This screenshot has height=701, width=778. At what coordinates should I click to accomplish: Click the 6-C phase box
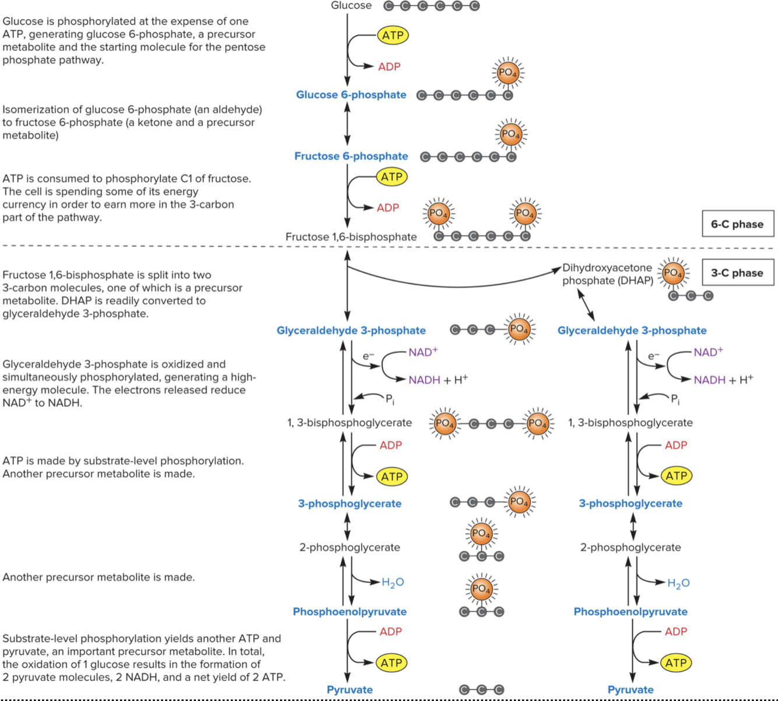pyautogui.click(x=737, y=224)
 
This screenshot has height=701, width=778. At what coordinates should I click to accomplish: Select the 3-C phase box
pyautogui.click(x=737, y=273)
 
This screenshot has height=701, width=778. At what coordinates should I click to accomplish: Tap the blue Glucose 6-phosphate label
pyautogui.click(x=351, y=95)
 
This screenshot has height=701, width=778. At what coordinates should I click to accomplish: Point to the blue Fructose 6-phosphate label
pyautogui.click(x=351, y=156)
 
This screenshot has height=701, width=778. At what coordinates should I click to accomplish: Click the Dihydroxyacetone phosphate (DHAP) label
pyautogui.click(x=607, y=274)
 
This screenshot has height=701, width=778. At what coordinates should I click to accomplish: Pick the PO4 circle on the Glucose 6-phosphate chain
pyautogui.click(x=507, y=73)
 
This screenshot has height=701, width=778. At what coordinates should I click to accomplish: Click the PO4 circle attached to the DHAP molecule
pyautogui.click(x=673, y=273)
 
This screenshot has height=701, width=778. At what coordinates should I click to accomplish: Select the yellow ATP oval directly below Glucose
pyautogui.click(x=392, y=35)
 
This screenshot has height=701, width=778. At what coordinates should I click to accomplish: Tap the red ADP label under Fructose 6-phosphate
pyautogui.click(x=388, y=208)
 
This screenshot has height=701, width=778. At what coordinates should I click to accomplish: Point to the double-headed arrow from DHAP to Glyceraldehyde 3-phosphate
pyautogui.click(x=586, y=304)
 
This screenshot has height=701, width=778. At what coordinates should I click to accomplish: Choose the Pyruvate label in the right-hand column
pyautogui.click(x=630, y=690)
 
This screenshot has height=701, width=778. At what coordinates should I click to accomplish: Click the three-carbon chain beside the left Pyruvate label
pyautogui.click(x=481, y=690)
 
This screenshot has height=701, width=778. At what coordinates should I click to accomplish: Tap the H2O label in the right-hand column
pyautogui.click(x=678, y=583)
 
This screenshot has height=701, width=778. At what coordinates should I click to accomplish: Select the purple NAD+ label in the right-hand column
pyautogui.click(x=708, y=352)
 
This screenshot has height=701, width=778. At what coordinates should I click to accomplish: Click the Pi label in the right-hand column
pyautogui.click(x=675, y=399)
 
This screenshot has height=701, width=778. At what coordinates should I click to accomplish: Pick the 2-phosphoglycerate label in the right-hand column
pyautogui.click(x=630, y=548)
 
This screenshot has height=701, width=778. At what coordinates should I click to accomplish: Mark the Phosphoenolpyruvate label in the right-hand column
pyautogui.click(x=630, y=612)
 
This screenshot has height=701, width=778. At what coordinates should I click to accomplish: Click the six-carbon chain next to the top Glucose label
pyautogui.click(x=432, y=6)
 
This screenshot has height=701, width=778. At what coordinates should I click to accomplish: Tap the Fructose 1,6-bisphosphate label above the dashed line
pyautogui.click(x=351, y=237)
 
